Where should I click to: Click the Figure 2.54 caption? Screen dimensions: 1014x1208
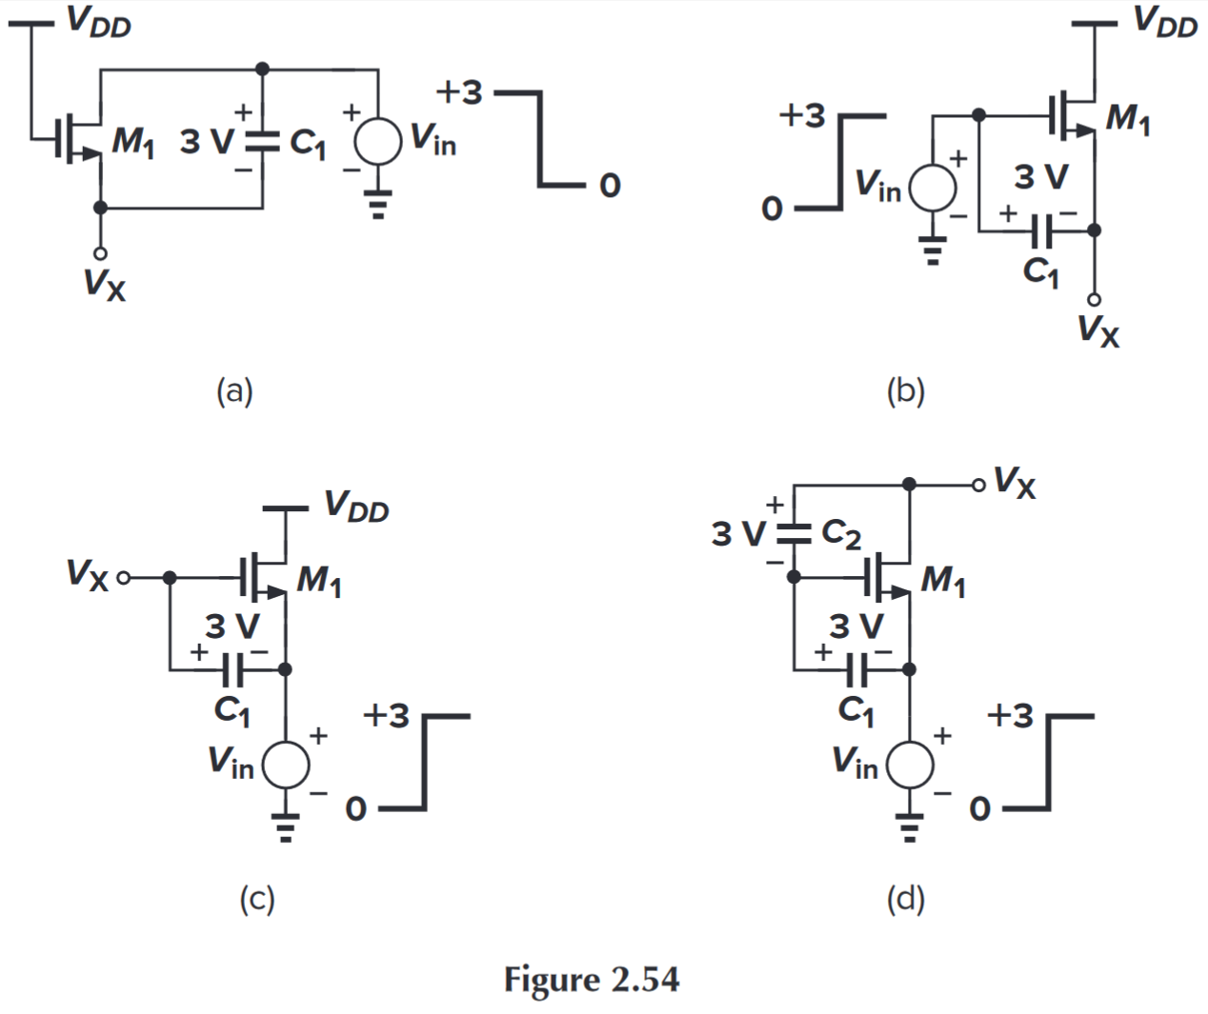coord(592,980)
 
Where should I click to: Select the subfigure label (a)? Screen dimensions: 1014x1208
coord(234,391)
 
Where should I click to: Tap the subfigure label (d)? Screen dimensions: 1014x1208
coord(905,899)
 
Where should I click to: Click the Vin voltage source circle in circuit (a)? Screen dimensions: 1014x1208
coord(378,143)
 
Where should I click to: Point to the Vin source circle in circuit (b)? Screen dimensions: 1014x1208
coord(933,187)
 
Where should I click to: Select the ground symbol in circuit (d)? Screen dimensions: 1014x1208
coord(910,827)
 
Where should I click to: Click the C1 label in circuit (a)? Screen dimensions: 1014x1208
coord(307,143)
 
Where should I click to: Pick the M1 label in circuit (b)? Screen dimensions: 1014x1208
coord(1127,120)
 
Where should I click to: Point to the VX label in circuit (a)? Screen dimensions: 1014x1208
coord(104,284)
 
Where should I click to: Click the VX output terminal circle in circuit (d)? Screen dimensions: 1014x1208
coord(978,485)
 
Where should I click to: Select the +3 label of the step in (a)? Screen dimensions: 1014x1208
coord(459,92)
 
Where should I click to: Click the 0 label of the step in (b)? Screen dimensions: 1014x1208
coord(772,208)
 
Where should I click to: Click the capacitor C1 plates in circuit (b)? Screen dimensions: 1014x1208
coord(1043,229)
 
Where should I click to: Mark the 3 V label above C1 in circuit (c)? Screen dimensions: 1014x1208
coord(232,626)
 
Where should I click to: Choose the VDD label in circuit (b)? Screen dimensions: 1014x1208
coord(1164,21)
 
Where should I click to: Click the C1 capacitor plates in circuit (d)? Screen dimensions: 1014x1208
coord(857,670)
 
